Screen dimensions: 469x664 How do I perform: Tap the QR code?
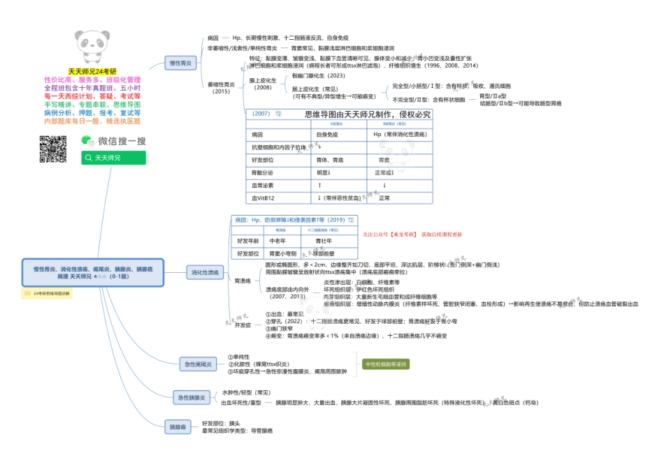coord(52,149)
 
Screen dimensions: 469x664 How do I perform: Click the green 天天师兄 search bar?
coord(113,158)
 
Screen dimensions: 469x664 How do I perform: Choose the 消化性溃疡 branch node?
coord(205,272)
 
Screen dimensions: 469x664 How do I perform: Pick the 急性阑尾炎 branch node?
coord(199,364)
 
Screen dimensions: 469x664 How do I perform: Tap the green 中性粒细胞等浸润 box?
coord(386,364)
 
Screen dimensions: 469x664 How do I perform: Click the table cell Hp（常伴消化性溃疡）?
coord(400,134)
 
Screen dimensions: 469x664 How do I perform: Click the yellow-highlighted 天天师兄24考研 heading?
coord(92,71)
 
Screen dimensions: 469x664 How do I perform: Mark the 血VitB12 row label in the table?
coord(262,198)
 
